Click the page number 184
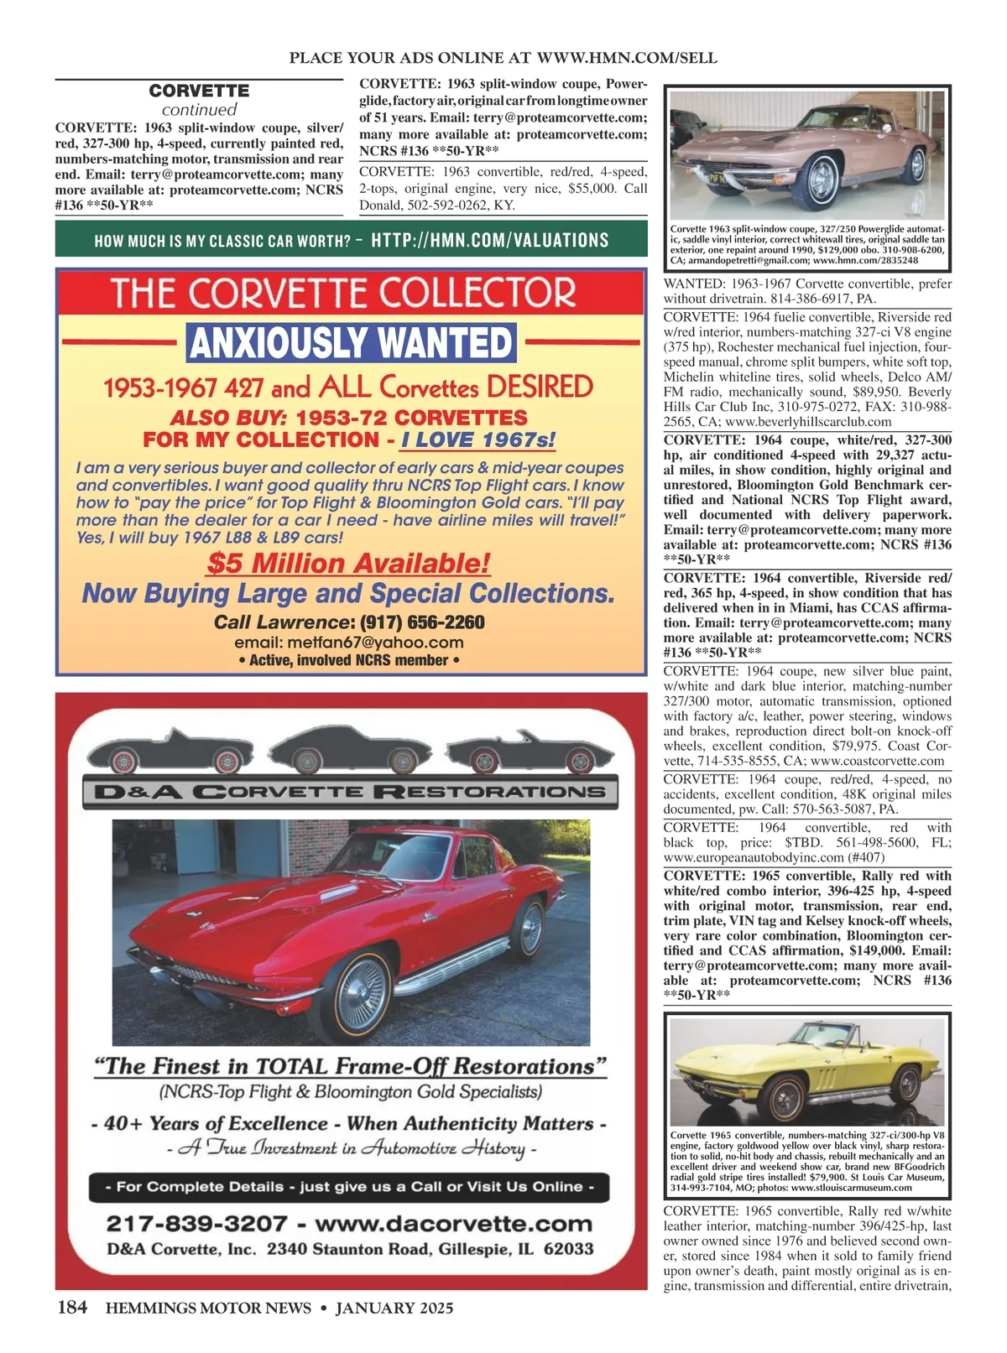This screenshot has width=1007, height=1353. (x=71, y=1308)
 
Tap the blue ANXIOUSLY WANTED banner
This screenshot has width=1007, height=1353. (x=351, y=342)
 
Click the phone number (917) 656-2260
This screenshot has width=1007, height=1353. (x=422, y=622)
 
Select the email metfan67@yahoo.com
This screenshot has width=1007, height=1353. (x=349, y=643)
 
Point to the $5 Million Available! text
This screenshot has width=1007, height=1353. (x=348, y=563)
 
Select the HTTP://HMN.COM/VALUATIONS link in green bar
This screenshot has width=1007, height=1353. (x=489, y=240)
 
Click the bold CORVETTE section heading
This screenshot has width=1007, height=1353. (x=199, y=91)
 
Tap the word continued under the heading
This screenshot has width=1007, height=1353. (x=199, y=110)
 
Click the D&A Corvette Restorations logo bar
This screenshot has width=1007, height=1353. (x=350, y=791)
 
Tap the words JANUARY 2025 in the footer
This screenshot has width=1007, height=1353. (x=394, y=1308)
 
